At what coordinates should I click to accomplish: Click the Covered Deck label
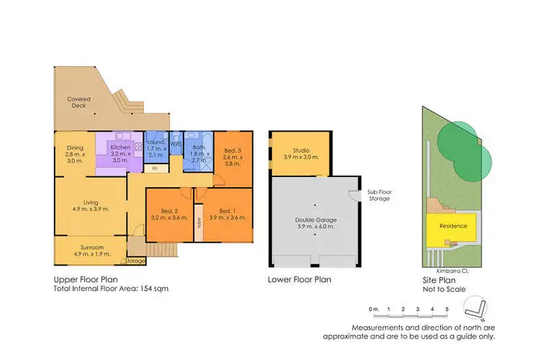(x=78, y=103)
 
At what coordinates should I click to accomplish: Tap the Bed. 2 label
(x=171, y=212)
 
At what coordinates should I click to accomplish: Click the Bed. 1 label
(x=225, y=212)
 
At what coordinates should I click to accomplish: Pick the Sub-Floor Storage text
(x=379, y=194)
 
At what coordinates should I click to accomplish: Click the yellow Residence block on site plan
(x=454, y=226)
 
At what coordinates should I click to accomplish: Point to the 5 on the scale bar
(x=447, y=309)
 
